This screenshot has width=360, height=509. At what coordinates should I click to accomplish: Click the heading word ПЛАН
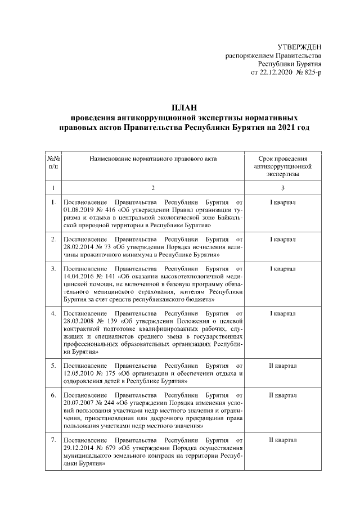click(185, 108)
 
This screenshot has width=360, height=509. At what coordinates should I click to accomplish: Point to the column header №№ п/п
click(53, 163)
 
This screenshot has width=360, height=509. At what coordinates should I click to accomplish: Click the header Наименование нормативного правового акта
click(152, 159)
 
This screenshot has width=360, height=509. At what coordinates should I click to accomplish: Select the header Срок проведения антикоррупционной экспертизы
click(283, 167)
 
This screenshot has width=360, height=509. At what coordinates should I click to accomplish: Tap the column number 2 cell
click(152, 187)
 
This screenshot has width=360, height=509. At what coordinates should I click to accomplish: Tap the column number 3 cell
click(283, 187)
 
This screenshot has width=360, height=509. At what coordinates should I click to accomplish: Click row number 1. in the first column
click(53, 202)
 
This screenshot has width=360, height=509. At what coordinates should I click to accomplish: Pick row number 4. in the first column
click(53, 313)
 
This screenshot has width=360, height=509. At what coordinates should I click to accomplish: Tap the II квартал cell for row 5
click(283, 367)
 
